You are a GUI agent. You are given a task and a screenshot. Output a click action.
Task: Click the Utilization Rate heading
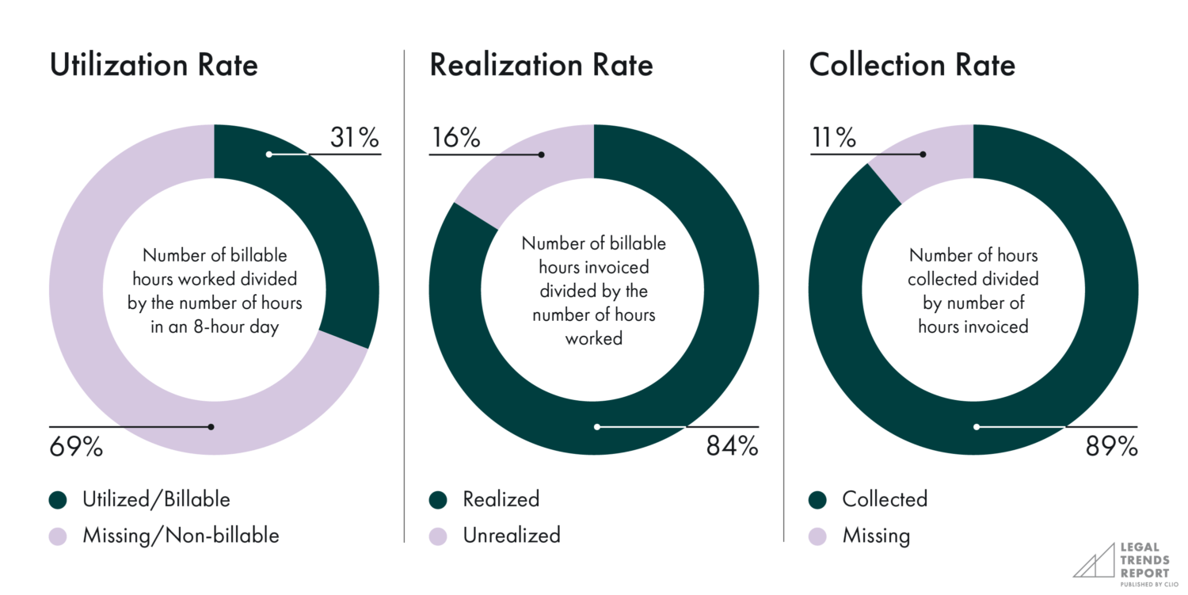point(154,65)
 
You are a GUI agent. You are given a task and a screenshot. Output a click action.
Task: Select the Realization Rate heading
point(541,65)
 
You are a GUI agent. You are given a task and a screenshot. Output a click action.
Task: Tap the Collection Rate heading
point(912,65)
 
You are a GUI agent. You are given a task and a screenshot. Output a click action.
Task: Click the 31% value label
point(355,138)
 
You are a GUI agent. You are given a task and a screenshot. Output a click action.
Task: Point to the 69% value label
point(77,447)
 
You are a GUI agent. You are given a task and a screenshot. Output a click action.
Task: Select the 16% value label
point(455,138)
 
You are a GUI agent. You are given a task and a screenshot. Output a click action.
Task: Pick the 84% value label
point(732,447)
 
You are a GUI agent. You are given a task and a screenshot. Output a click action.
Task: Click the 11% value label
point(833,138)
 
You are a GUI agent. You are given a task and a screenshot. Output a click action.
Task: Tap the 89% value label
point(1111,447)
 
